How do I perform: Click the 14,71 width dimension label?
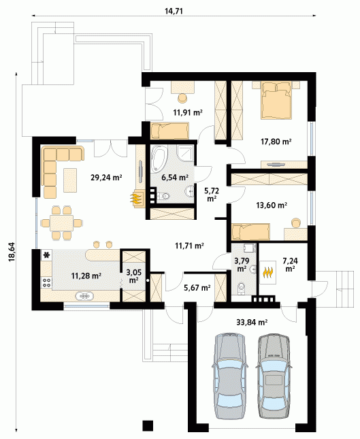pos(174,11)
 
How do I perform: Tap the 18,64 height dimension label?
pos(12,252)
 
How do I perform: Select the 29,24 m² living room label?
pos(106,177)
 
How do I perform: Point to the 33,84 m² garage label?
pos(252,322)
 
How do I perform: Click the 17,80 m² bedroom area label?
pos(276,142)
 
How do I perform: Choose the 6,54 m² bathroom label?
pos(175,177)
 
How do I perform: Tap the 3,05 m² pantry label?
pos(133,276)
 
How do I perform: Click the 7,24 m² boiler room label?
pos(290,265)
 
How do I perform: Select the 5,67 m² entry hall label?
pos(197,287)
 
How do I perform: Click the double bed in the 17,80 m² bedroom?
pos(276,100)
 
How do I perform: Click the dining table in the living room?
pos(61,223)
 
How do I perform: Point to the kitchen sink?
pos(84,296)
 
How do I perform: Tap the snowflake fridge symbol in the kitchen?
pos(46,255)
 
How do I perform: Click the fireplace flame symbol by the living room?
pos(136,198)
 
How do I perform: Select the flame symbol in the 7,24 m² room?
pos(268,272)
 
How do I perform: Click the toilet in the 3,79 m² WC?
pos(241,288)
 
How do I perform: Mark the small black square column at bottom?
pos(148,426)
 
